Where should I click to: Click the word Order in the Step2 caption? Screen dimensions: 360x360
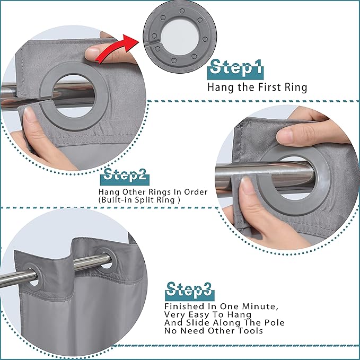tap(196, 192)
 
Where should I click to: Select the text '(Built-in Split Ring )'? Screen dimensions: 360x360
tap(139, 199)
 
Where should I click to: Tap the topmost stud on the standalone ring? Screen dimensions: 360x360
tap(182, 11)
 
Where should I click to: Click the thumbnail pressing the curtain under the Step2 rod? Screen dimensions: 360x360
tap(244, 185)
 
